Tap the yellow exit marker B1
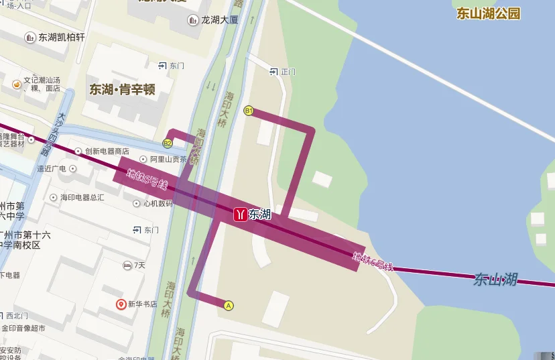(x=249, y=111)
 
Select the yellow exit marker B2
(x=168, y=143)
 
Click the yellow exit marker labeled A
(x=229, y=305)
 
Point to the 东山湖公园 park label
(x=489, y=13)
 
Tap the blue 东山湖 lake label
(x=495, y=278)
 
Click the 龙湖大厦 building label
(x=219, y=20)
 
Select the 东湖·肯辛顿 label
(x=123, y=89)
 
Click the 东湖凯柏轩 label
(x=62, y=38)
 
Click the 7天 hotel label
(x=139, y=265)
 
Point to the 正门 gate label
(x=288, y=71)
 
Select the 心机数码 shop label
(x=158, y=203)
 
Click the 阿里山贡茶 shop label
(x=168, y=160)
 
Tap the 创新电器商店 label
(x=107, y=152)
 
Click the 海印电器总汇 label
(x=82, y=197)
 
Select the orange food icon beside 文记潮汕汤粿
(x=17, y=84)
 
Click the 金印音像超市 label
(x=23, y=328)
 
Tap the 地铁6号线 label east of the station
(x=373, y=262)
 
